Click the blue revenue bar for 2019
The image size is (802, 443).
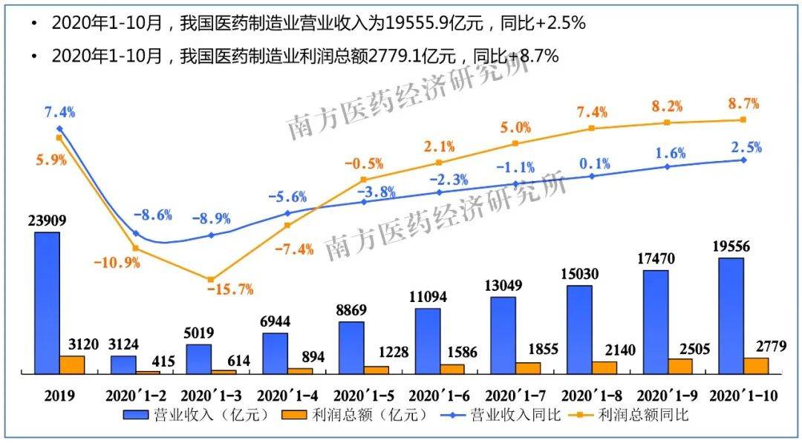click(48, 301)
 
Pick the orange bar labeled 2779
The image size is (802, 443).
click(756, 364)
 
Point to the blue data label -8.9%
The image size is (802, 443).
click(211, 219)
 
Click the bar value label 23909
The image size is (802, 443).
click(48, 220)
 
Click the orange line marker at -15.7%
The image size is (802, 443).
click(211, 279)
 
